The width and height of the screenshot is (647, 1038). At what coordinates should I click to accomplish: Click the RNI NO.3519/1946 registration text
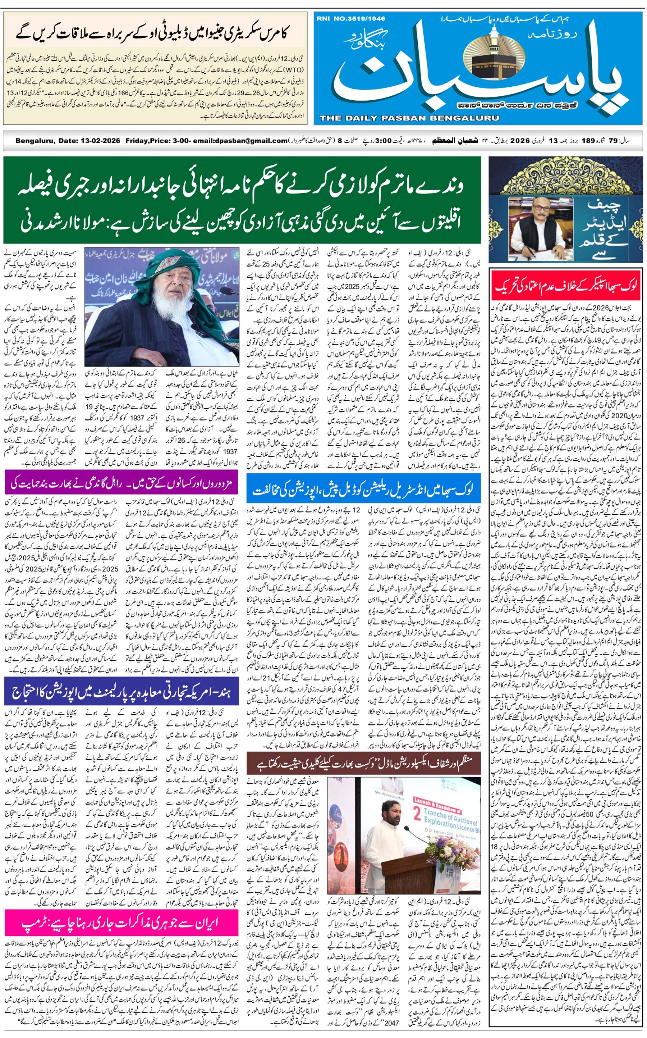click(x=350, y=18)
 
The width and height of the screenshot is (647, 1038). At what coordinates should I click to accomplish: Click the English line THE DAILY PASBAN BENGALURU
click(x=409, y=118)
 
